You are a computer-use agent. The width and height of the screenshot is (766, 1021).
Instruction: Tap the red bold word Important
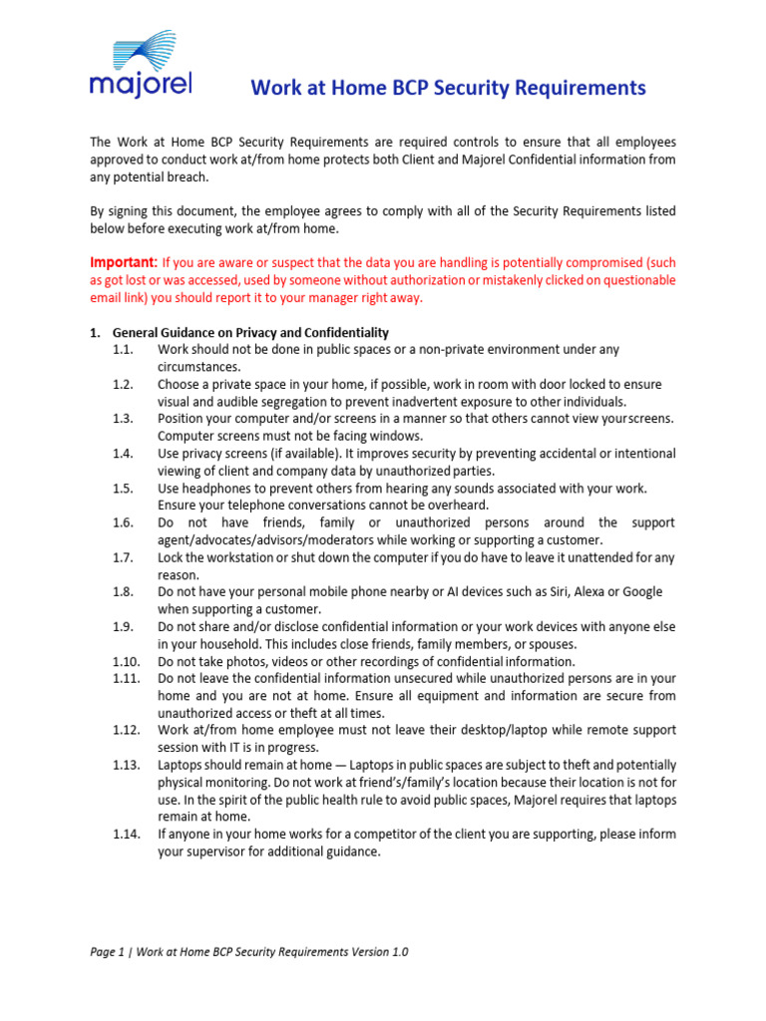tap(123, 262)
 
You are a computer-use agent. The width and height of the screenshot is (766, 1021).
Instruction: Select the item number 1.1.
tap(123, 349)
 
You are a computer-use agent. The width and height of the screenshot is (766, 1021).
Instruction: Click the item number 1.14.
tap(126, 834)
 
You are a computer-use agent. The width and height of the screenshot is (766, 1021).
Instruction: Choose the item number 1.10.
tap(126, 661)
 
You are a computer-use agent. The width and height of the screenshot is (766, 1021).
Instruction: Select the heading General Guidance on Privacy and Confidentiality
tap(250, 332)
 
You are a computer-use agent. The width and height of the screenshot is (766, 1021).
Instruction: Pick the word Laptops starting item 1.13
tap(183, 765)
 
